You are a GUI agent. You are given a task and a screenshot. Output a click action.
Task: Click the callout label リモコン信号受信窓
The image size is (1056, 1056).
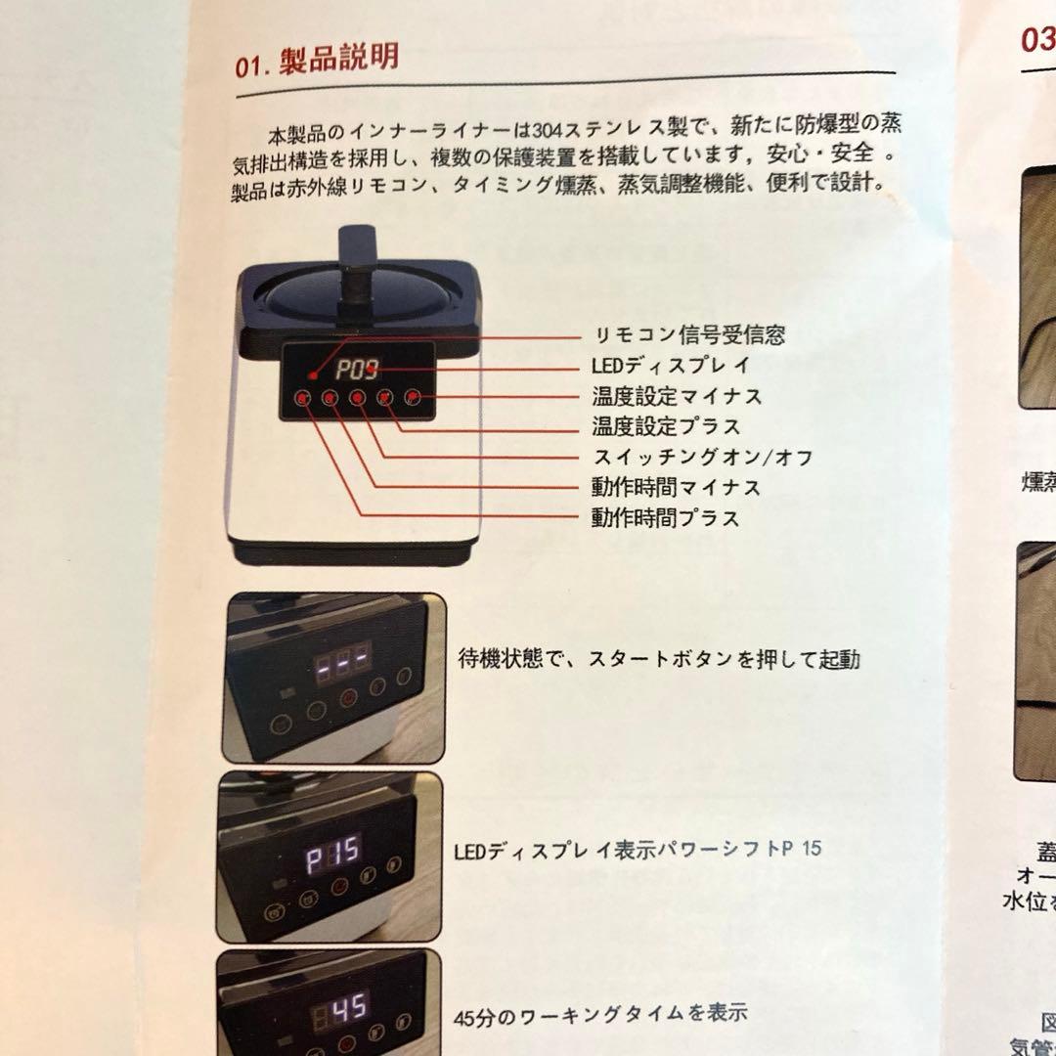tap(689, 335)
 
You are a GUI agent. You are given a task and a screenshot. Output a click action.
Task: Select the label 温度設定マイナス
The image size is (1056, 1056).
tap(677, 396)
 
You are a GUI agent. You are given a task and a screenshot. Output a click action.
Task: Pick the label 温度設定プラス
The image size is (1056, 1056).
tap(666, 426)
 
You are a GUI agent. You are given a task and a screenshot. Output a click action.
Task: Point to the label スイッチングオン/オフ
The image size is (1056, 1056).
tap(703, 457)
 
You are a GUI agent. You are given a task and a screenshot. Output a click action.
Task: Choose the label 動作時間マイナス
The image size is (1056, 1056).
tap(676, 487)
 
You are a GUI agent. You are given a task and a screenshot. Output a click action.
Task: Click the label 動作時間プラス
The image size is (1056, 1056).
tap(665, 517)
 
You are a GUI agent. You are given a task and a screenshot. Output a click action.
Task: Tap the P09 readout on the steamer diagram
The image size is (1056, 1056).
tap(356, 371)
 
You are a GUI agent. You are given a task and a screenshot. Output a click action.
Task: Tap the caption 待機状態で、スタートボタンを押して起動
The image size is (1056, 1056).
tap(659, 659)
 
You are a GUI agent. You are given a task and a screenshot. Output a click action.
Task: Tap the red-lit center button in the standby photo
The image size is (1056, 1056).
tap(347, 698)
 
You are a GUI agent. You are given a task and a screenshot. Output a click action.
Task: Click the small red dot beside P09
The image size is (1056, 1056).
tap(312, 374)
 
